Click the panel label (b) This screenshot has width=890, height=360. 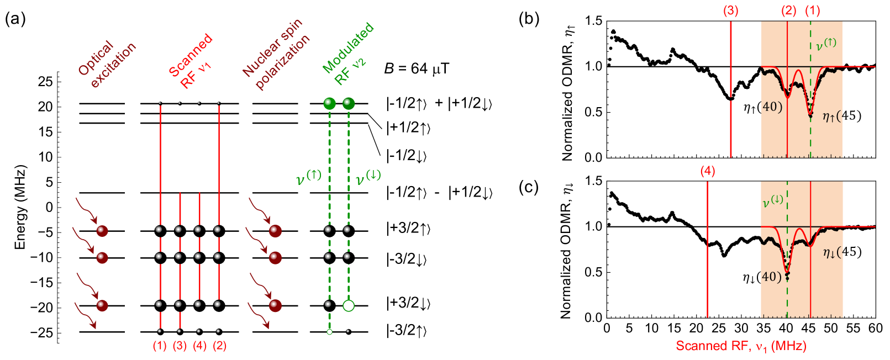(529, 20)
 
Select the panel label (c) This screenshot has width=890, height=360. (529, 187)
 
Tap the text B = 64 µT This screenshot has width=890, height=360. (417, 69)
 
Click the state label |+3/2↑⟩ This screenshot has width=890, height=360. (408, 228)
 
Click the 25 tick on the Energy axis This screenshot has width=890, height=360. (46, 82)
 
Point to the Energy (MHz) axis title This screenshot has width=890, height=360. (20, 207)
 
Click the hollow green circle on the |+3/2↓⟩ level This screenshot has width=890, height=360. (348, 306)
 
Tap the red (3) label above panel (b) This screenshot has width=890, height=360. (730, 10)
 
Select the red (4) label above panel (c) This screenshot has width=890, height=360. (707, 171)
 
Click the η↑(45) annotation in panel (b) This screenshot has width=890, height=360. (841, 116)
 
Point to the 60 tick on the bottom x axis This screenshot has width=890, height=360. (876, 328)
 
